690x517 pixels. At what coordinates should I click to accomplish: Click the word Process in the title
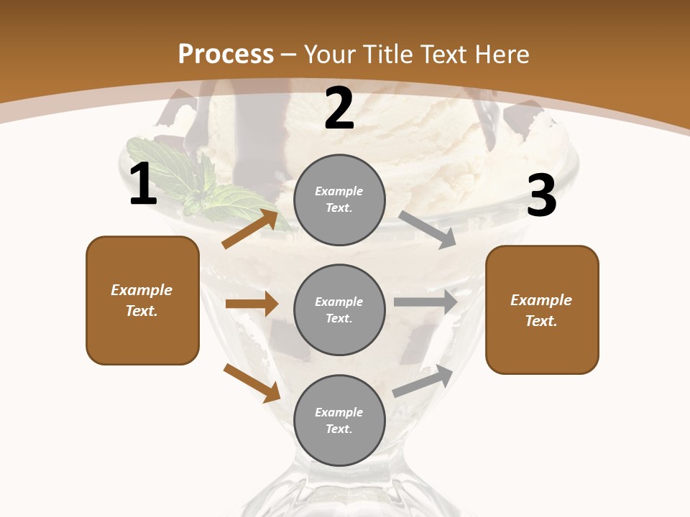pyautogui.click(x=226, y=54)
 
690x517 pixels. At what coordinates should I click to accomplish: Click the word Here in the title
pyautogui.click(x=502, y=54)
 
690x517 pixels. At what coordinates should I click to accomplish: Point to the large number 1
pyautogui.click(x=143, y=185)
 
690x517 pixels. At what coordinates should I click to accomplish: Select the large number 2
pyautogui.click(x=339, y=108)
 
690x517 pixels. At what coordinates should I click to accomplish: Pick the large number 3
pyautogui.click(x=541, y=196)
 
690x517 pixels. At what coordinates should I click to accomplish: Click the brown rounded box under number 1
pyautogui.click(x=142, y=300)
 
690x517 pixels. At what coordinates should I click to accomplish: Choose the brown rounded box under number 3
pyautogui.click(x=542, y=309)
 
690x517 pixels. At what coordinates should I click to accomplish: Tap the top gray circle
pyautogui.click(x=339, y=200)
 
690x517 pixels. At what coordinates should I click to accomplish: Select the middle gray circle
pyautogui.click(x=339, y=309)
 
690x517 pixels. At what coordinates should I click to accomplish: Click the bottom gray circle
pyautogui.click(x=339, y=420)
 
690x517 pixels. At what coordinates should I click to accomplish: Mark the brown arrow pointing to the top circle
pyautogui.click(x=250, y=229)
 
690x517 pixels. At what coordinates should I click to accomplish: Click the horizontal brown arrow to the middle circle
pyautogui.click(x=252, y=304)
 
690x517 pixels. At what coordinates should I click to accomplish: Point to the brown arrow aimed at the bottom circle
pyautogui.click(x=252, y=383)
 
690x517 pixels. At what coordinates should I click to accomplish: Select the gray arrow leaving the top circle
pyautogui.click(x=428, y=230)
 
